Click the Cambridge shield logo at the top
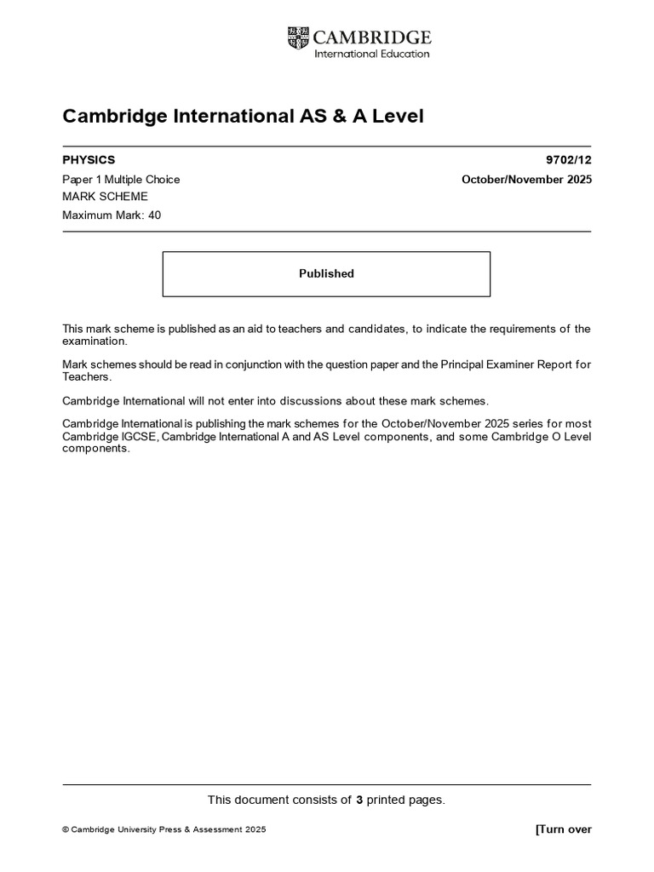coord(298,37)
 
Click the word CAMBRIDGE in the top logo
coord(372,37)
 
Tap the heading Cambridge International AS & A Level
coord(243,116)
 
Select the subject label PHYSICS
coord(89,160)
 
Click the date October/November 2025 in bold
coord(526,180)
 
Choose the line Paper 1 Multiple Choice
coord(121,180)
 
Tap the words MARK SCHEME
coord(105,197)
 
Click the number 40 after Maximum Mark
coord(154,215)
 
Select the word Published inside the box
coord(326,273)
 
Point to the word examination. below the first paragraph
coord(95,341)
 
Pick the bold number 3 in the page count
coord(359,800)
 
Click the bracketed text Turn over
coord(563,829)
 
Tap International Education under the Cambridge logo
coord(372,54)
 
